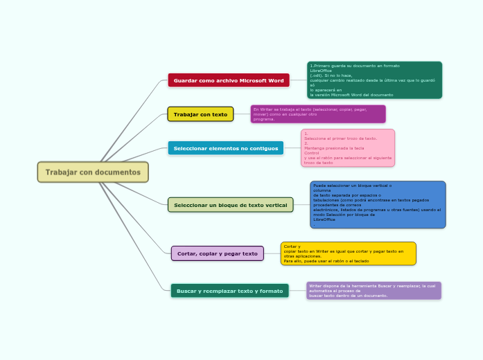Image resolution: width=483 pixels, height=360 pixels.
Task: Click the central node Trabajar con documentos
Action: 93,172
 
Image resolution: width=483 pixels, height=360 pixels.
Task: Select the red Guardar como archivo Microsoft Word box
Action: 229,80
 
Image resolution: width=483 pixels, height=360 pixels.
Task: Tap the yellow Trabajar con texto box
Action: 200,114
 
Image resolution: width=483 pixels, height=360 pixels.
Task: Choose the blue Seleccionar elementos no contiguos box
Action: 225,148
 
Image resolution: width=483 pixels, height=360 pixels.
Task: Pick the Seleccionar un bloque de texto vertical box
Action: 230,205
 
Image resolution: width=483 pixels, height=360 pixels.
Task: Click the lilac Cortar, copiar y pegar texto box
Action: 217,253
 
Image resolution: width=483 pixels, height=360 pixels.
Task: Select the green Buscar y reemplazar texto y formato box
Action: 229,291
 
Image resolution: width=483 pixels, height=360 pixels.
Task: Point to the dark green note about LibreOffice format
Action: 374,80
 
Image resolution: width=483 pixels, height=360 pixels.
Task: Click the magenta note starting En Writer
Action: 317,114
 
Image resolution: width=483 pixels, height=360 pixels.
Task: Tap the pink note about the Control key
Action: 348,147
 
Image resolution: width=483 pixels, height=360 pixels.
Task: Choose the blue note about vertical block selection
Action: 378,204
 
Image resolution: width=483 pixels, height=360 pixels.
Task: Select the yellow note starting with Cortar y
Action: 348,253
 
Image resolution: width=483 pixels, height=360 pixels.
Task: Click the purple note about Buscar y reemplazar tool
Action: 374,290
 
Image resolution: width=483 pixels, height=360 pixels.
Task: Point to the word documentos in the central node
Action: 118,172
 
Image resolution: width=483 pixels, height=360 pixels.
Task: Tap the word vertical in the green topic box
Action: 274,205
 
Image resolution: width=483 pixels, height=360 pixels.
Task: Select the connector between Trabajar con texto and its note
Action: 242,114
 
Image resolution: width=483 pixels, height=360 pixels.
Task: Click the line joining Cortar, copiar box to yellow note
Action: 272,253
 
